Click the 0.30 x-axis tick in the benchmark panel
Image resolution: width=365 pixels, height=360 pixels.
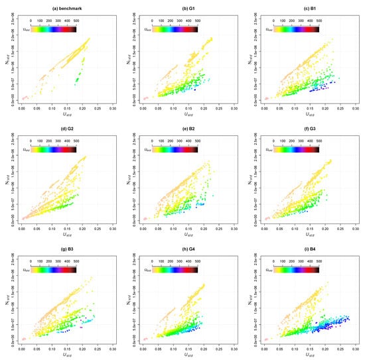(x=113, y=105)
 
